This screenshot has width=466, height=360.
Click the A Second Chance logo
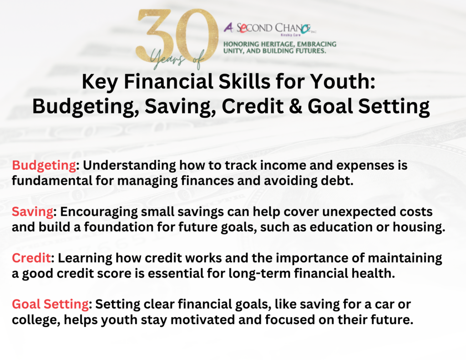tap(270, 29)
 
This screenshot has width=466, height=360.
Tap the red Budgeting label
tap(44, 166)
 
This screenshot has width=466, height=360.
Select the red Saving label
tap(33, 212)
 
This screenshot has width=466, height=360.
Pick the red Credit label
tap(31, 258)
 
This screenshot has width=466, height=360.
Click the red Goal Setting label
tap(51, 305)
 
